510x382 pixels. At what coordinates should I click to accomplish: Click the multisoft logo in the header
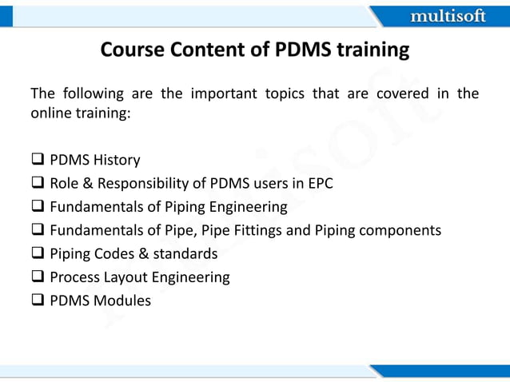coord(447,16)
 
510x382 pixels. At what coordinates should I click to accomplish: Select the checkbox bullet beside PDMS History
coord(37,160)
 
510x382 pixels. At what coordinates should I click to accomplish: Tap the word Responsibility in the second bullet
coord(133,183)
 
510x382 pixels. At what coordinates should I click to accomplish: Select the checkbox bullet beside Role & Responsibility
coord(37,183)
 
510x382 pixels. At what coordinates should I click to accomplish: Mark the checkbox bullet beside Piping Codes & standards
coord(37,254)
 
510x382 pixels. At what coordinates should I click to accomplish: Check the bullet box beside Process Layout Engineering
coord(37,277)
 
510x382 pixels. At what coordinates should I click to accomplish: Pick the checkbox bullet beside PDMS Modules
coord(37,301)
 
